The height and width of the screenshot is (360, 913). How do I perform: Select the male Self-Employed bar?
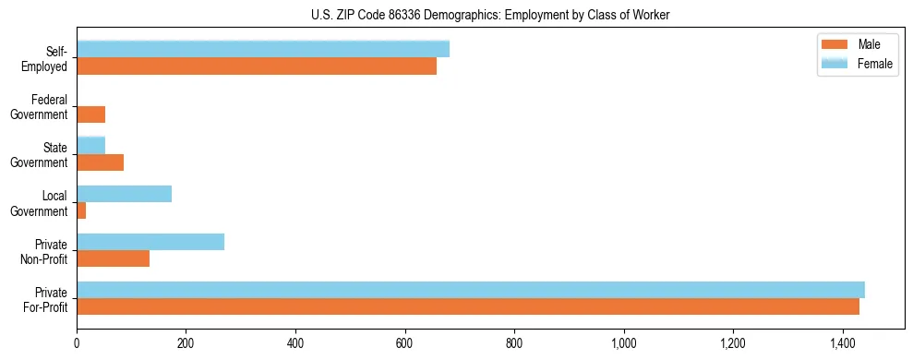click(x=257, y=66)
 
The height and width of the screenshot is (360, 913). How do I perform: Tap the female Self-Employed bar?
click(x=263, y=49)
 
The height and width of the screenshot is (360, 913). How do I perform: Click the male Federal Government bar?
click(x=90, y=114)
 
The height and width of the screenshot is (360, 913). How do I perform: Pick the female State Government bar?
click(x=90, y=145)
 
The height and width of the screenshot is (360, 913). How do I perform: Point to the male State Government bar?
click(x=100, y=162)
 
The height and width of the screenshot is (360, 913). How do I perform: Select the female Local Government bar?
click(x=124, y=193)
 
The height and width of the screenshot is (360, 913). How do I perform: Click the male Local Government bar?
click(x=81, y=210)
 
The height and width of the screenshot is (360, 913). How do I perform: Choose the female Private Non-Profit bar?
click(x=150, y=241)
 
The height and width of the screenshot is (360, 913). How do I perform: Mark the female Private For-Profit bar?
click(x=471, y=289)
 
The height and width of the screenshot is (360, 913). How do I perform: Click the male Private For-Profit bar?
click(x=468, y=306)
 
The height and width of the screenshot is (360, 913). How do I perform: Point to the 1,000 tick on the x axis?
click(x=624, y=344)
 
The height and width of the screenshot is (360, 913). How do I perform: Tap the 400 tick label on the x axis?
click(x=295, y=344)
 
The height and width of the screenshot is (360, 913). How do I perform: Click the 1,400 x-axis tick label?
click(x=843, y=344)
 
